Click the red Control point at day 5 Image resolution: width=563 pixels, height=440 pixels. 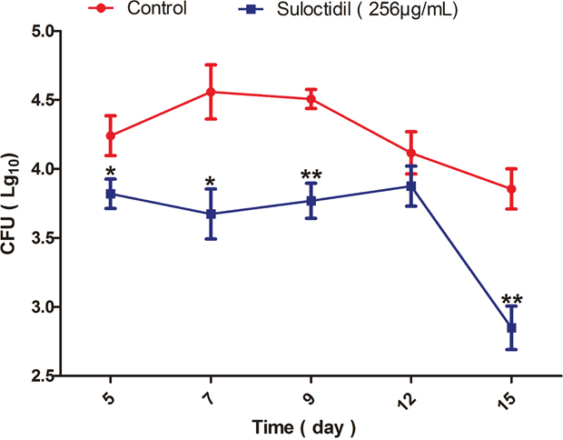(x=111, y=135)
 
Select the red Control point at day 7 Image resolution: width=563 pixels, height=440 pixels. (x=211, y=92)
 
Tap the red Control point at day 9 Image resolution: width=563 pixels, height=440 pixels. (x=311, y=99)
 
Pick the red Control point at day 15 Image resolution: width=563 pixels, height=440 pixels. (x=511, y=189)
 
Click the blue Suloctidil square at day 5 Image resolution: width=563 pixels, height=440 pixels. (x=111, y=194)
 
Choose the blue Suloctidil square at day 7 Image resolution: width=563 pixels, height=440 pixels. (x=211, y=214)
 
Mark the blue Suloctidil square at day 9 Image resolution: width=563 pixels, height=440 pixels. (x=311, y=201)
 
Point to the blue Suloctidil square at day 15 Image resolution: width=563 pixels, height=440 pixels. (x=511, y=327)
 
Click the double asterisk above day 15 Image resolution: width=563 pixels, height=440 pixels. (x=511, y=301)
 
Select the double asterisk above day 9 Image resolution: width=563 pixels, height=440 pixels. (x=311, y=175)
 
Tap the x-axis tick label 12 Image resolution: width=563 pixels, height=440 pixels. (x=410, y=396)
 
